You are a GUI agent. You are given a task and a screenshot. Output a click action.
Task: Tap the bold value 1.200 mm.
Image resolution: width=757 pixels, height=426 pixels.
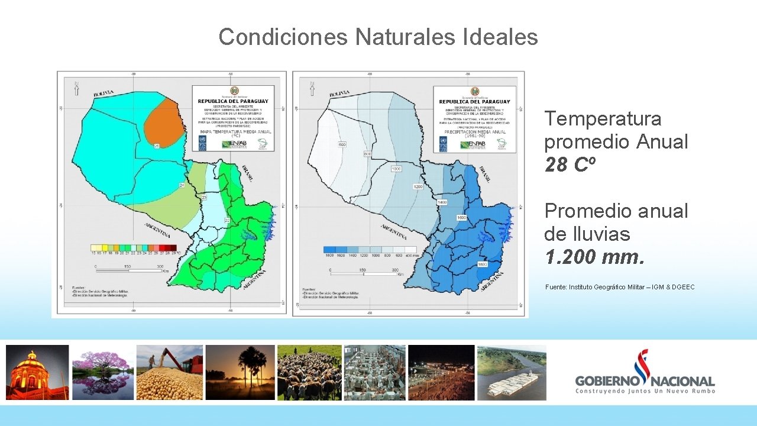(594, 257)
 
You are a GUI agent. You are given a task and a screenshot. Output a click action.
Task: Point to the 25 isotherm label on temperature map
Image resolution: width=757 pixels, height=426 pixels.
(157, 145)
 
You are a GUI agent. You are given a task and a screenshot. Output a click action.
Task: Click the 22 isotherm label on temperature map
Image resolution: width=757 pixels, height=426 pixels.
(227, 220)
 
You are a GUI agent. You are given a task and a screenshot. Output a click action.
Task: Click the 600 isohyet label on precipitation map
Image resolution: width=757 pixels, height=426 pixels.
(342, 145)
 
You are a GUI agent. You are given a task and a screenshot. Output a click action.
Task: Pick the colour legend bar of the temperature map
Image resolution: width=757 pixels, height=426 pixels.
(133, 247)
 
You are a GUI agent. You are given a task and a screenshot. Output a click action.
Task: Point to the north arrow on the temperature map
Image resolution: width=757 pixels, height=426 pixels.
(76, 88)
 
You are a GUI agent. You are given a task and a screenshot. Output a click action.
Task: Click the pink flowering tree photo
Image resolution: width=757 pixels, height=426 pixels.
(103, 373)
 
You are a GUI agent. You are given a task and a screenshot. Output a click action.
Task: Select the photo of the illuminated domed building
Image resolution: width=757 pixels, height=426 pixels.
(37, 373)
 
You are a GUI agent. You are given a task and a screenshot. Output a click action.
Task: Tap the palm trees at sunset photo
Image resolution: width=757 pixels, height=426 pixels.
(240, 373)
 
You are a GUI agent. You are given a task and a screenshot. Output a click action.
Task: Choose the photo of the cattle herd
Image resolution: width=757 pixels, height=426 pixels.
(309, 373)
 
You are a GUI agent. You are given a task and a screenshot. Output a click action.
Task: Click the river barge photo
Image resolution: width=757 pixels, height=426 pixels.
(512, 373)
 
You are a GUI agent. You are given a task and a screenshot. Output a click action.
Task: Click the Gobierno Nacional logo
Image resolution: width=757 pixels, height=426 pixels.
(645, 373)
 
